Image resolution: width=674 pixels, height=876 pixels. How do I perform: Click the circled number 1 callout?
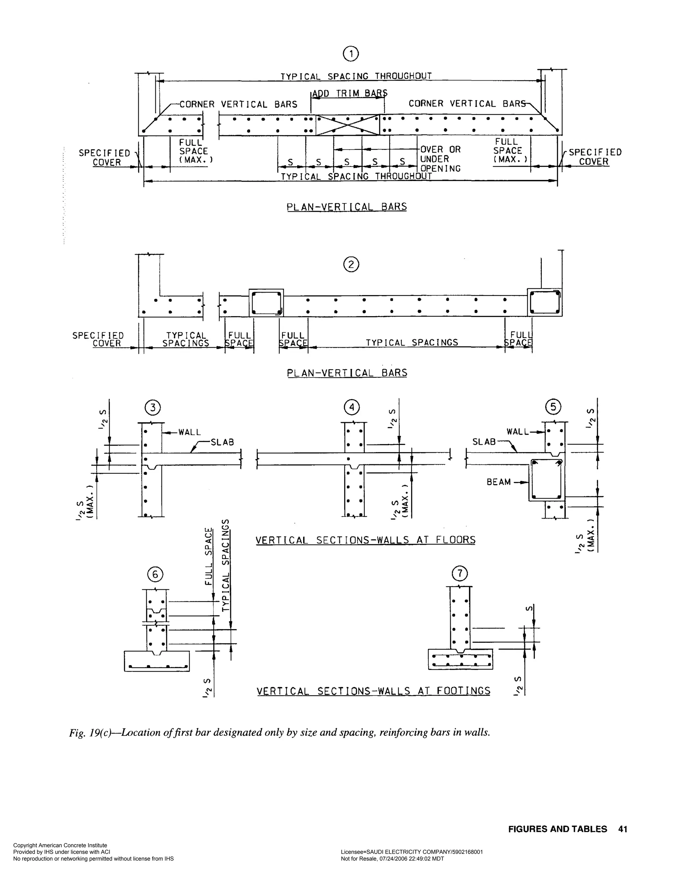pos(351,54)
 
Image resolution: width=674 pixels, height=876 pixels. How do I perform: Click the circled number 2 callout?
pos(351,265)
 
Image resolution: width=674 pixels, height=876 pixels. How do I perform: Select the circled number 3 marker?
pos(152,408)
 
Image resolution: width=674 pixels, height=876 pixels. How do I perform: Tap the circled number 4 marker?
pos(352,407)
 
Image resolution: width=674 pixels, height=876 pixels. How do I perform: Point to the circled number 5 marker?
pos(553,407)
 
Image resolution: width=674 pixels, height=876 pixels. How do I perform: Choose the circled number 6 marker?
pos(155,575)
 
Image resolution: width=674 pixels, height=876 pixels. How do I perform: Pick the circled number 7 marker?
pos(460,574)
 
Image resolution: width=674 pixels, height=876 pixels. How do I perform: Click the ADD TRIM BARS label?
pos(350,94)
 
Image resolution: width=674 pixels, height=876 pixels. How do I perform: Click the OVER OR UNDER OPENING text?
pos(440,159)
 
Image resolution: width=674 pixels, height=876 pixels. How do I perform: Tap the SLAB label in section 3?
pos(222,442)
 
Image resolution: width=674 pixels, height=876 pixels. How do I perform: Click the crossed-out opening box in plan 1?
pos(348,125)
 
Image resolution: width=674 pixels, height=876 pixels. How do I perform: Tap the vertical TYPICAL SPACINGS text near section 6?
pos(226,566)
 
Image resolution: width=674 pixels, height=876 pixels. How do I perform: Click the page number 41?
pos(623,829)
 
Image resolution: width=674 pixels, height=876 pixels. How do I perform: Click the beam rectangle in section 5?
pos(546,480)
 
